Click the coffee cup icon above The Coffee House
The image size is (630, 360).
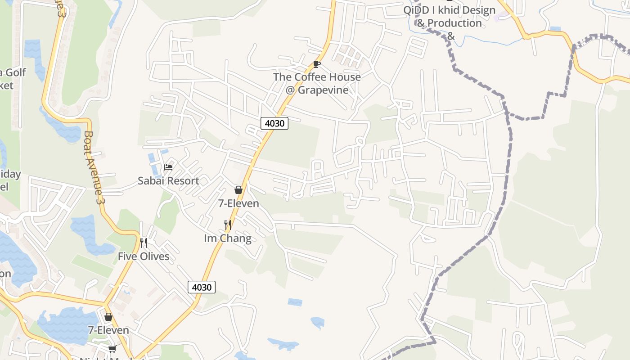coord(316,64)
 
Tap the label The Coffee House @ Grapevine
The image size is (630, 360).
coord(317,83)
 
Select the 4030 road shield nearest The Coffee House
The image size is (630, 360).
coord(274,123)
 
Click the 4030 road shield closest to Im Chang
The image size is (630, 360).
coord(201,287)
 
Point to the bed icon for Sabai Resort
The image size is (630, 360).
coord(168,167)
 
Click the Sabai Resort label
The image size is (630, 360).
coord(168,181)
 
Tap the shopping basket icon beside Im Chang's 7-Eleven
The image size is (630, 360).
coord(238,190)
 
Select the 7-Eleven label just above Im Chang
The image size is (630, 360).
coord(238,203)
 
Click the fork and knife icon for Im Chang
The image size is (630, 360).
coord(228,225)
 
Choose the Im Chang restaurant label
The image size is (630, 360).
coord(228,238)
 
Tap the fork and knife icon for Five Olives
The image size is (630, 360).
coord(144,243)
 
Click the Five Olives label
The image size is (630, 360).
coord(144,256)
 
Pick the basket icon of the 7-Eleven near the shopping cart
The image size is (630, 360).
coord(108,317)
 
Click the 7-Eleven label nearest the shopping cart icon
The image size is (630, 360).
coord(108,330)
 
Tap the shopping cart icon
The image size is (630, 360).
coord(112,349)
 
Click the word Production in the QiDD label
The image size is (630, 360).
coord(454,23)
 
